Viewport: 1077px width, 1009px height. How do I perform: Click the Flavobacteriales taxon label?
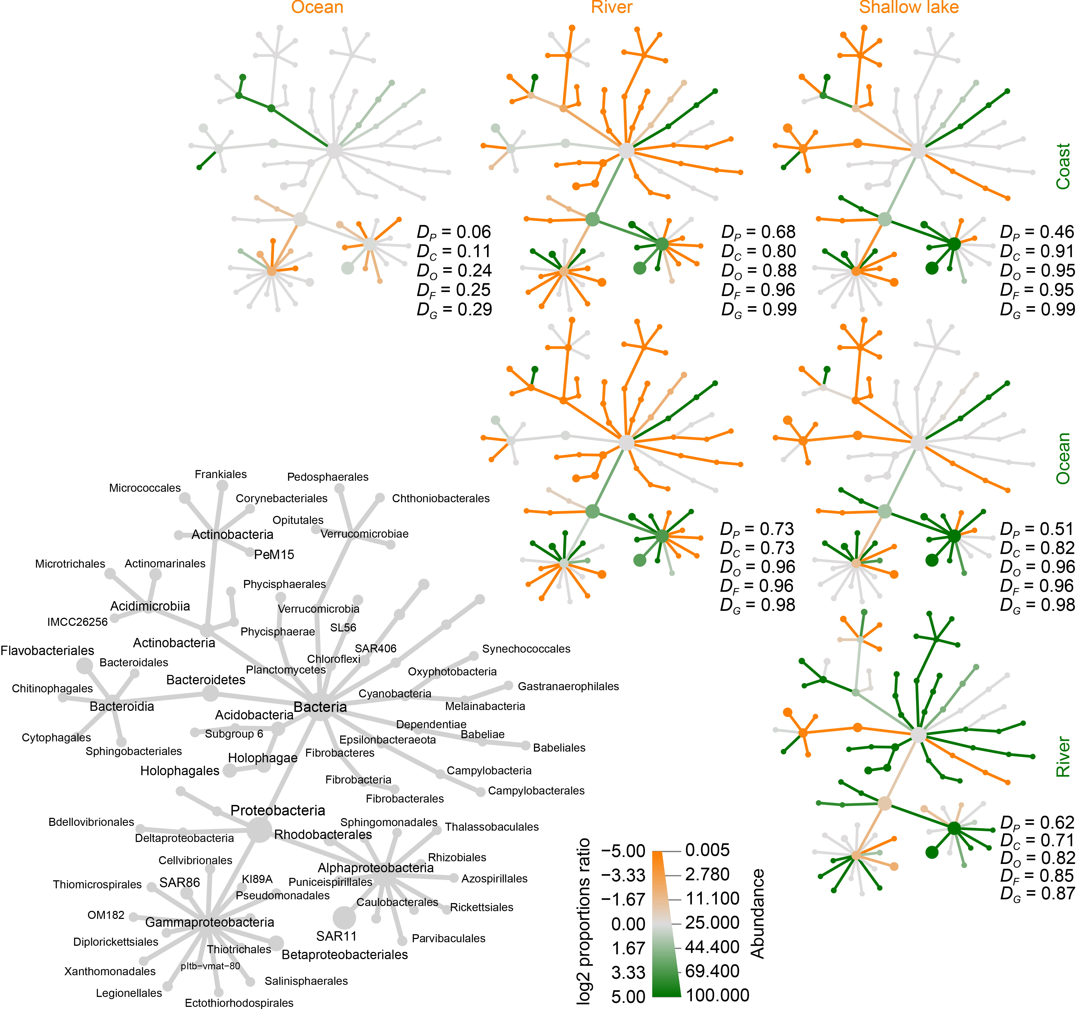pyautogui.click(x=47, y=651)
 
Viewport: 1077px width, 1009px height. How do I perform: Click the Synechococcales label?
pyautogui.click(x=526, y=649)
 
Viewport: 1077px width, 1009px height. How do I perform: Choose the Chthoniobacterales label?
pyautogui.click(x=440, y=498)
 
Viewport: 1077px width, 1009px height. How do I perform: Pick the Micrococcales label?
pyautogui.click(x=145, y=488)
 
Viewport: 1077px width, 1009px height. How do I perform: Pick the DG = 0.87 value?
pyautogui.click(x=1037, y=893)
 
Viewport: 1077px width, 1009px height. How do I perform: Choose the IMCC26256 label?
pyautogui.click(x=78, y=622)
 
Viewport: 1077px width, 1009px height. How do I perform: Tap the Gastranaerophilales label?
pyautogui.click(x=568, y=686)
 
